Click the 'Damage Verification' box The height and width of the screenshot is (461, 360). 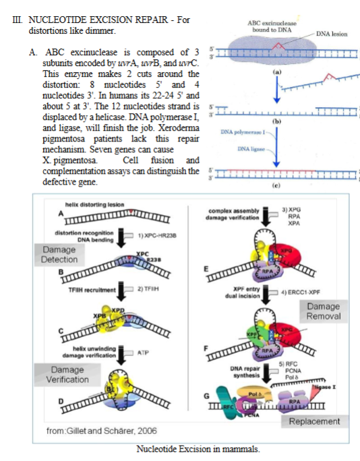coord(69,375)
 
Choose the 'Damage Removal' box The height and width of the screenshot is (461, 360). coord(324,311)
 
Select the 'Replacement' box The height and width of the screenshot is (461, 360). coord(314,421)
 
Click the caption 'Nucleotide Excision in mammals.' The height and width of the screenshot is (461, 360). coord(198,449)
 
